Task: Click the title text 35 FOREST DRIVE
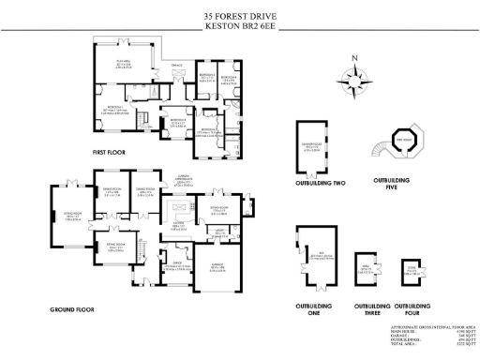(240, 16)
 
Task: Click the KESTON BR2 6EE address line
(240, 26)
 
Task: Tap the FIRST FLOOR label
(110, 151)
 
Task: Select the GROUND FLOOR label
(74, 307)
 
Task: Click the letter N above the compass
(354, 59)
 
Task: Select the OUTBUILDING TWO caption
(320, 184)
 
